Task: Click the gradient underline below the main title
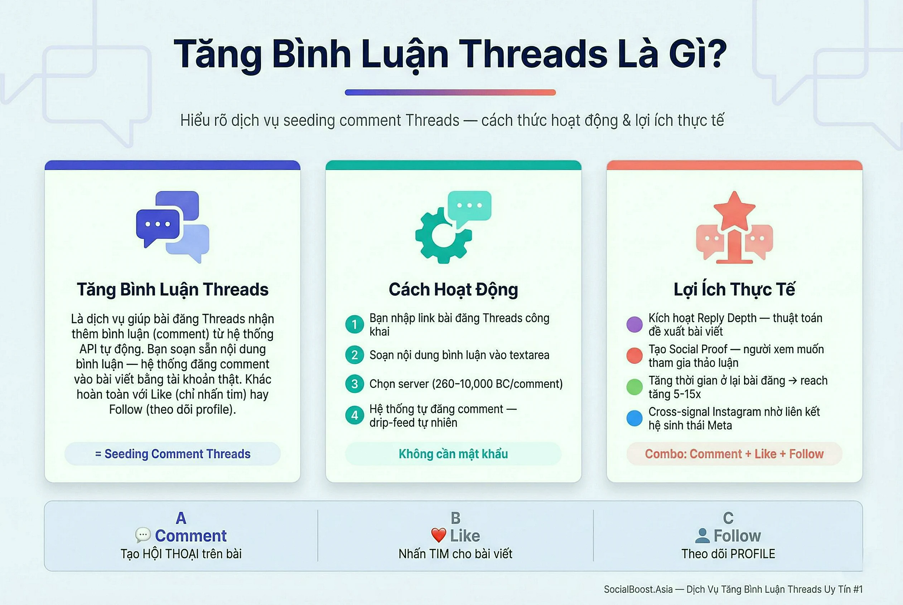pos(450,93)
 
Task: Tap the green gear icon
pos(443,236)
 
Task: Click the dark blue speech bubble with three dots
pos(158,225)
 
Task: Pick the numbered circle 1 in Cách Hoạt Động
pos(354,324)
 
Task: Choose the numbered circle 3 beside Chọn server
pos(354,384)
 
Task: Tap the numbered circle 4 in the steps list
pos(354,415)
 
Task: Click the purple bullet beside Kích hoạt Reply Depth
pos(634,324)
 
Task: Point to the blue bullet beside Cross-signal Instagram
pos(634,418)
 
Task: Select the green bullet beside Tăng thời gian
pos(634,387)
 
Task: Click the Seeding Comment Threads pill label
pos(173,454)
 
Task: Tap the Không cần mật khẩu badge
pos(453,454)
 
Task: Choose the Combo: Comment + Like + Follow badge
pos(734,454)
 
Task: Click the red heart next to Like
pos(438,536)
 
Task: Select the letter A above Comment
pos(181,518)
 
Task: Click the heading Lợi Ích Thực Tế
pos(734,289)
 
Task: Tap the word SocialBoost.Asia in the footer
pos(638,589)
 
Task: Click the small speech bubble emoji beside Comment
pos(143,535)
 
